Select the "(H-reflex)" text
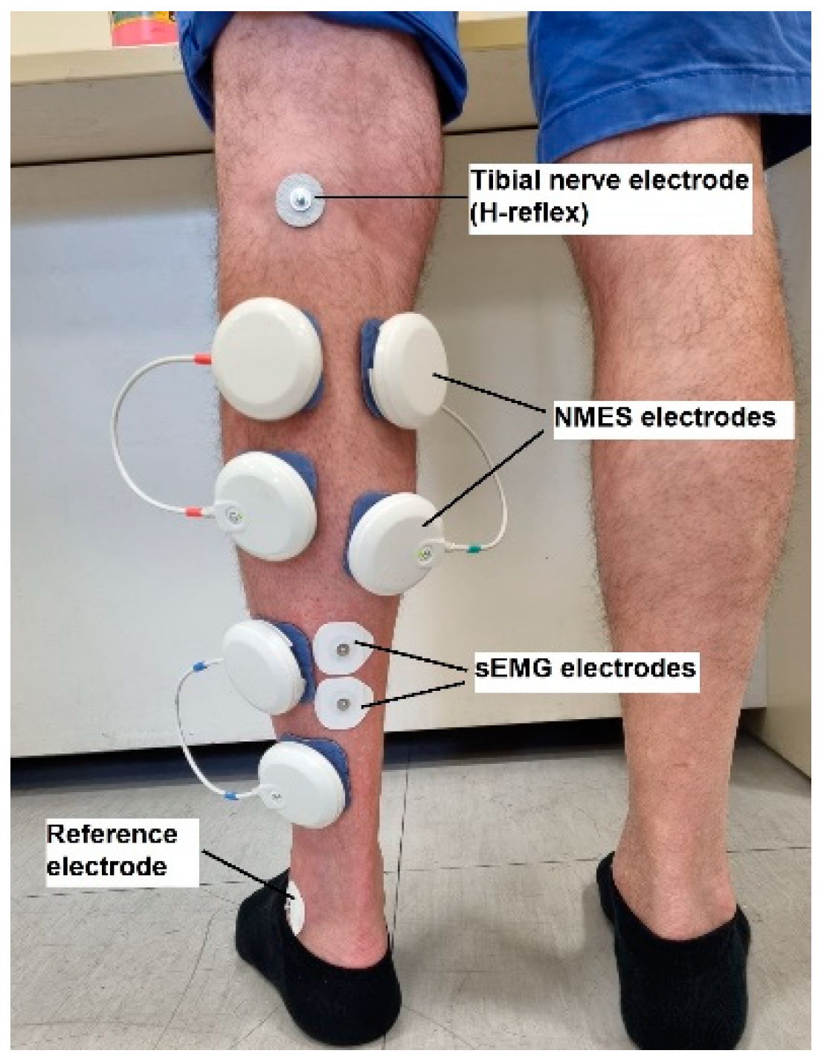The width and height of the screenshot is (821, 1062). [x=528, y=213]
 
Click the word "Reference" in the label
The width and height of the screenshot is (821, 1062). [x=112, y=834]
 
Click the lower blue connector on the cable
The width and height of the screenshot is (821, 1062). [x=232, y=795]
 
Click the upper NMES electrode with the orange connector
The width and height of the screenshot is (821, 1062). [x=268, y=358]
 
